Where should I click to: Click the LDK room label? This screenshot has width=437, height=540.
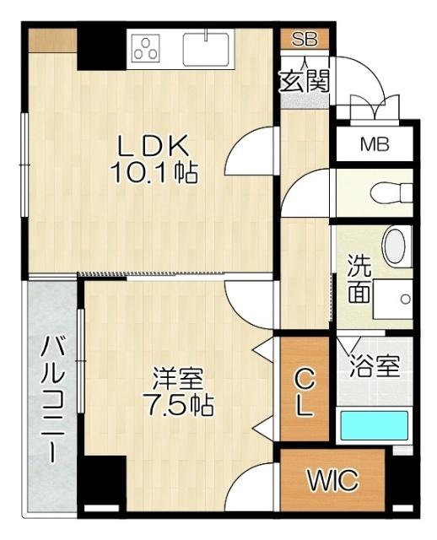tap(151, 146)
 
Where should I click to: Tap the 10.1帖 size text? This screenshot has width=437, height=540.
tap(154, 174)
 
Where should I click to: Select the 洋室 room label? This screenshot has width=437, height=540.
tap(179, 376)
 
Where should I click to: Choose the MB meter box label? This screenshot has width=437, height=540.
tap(375, 144)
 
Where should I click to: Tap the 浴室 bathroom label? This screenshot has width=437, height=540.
tap(374, 368)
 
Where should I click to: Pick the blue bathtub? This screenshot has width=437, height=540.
tap(373, 424)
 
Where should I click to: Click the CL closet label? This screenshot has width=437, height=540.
tap(304, 392)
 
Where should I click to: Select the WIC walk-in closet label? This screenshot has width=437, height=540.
tap(332, 482)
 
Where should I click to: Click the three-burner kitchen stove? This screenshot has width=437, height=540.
tap(146, 47)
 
